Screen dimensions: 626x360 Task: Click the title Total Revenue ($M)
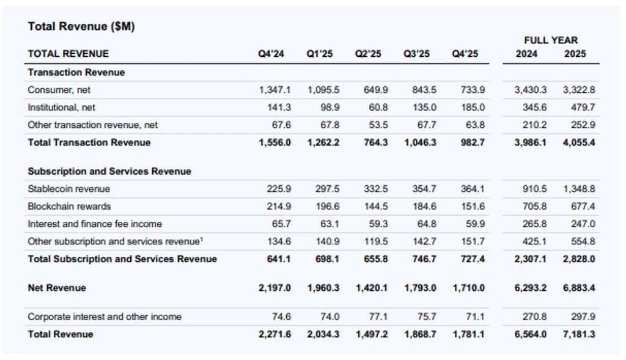click(x=81, y=26)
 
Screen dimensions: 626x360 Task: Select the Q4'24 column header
click(x=271, y=54)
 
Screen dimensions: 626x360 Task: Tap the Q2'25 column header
click(x=367, y=54)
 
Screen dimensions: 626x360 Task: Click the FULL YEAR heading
click(x=551, y=40)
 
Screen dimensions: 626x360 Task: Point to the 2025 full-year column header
click(x=575, y=54)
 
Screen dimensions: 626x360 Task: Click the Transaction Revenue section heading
click(x=76, y=72)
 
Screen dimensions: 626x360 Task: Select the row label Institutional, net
click(x=62, y=108)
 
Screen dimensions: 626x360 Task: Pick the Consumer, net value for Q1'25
click(x=323, y=90)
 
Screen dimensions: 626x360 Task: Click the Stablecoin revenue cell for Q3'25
click(x=424, y=189)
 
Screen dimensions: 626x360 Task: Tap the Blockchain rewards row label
click(x=69, y=207)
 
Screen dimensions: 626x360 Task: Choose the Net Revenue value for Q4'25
click(x=468, y=288)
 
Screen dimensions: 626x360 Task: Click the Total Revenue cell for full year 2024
click(x=530, y=334)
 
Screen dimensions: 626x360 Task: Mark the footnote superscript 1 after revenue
click(x=202, y=240)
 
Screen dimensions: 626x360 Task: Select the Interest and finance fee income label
click(x=95, y=224)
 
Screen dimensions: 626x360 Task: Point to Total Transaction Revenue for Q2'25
click(x=375, y=142)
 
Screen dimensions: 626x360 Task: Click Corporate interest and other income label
click(x=105, y=317)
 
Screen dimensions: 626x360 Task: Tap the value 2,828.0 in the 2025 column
click(x=579, y=259)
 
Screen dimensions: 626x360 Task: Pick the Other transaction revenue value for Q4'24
click(x=281, y=125)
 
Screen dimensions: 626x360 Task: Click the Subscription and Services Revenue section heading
click(x=109, y=171)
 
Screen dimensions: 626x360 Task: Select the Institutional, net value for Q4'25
click(x=473, y=108)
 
